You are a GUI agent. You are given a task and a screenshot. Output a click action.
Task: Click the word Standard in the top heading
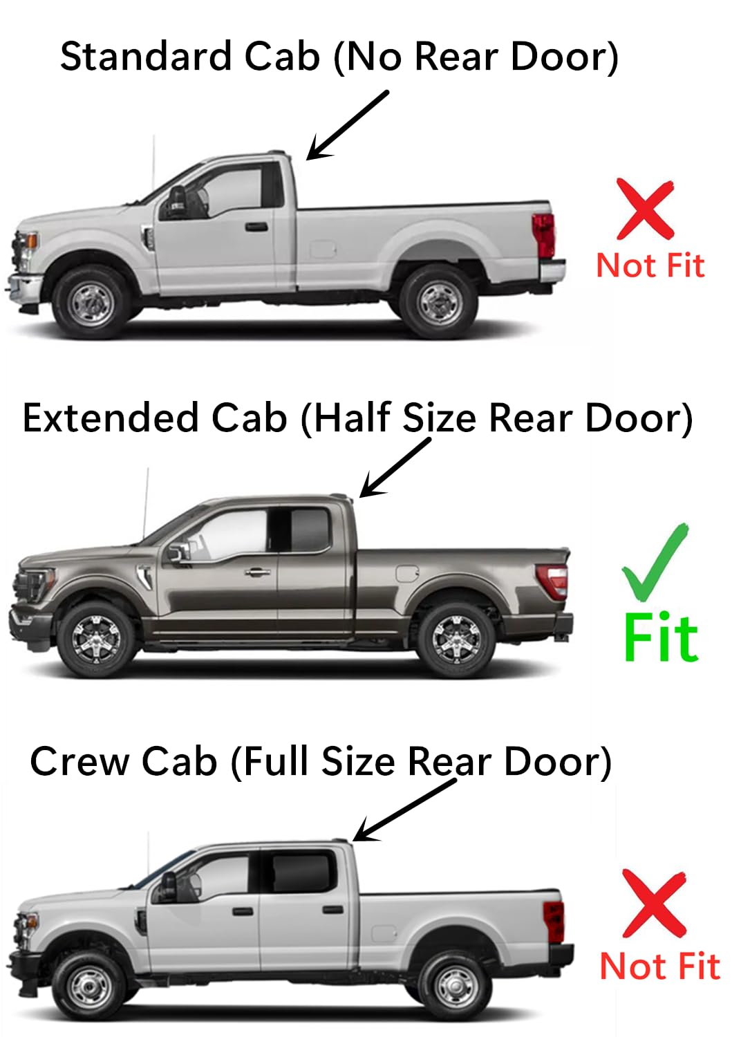(x=145, y=57)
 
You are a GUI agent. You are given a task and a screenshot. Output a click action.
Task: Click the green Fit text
(x=661, y=637)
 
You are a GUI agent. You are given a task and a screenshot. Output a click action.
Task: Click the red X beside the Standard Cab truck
(x=646, y=209)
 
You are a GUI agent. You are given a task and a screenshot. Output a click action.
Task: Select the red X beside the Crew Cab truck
(x=654, y=902)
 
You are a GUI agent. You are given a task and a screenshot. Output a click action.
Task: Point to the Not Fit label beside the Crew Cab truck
(x=660, y=966)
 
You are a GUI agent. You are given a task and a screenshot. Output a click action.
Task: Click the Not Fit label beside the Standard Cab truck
(x=650, y=265)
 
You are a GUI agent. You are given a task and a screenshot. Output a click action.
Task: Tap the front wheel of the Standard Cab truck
(x=91, y=302)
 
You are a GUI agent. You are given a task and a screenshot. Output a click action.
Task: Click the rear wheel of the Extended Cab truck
(x=456, y=640)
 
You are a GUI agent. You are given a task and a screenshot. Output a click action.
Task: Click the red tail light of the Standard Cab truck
(x=544, y=234)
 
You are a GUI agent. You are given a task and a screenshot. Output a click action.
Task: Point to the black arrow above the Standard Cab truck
(x=348, y=125)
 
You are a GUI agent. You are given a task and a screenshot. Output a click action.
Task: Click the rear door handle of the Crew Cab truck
(x=332, y=910)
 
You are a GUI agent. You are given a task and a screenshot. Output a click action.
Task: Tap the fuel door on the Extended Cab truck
(x=408, y=573)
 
